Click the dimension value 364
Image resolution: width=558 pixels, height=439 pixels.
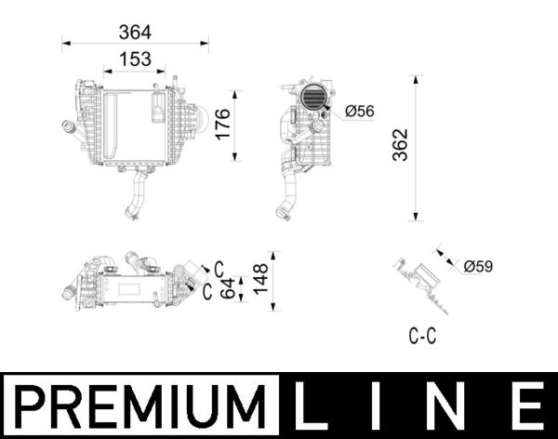pos(135,32)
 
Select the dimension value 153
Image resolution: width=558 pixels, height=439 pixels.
pos(135,59)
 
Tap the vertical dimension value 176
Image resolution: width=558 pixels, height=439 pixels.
pos(222,126)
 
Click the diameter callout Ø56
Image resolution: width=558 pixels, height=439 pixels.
pos(358,112)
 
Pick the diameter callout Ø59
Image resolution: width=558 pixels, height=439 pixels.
pos(477,267)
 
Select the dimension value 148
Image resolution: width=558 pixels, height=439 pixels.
pos(260,276)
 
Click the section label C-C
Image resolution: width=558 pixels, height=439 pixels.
pos(422,337)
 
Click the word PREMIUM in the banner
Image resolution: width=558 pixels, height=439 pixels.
pos(139,406)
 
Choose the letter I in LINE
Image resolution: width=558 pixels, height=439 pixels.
pos(382,406)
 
